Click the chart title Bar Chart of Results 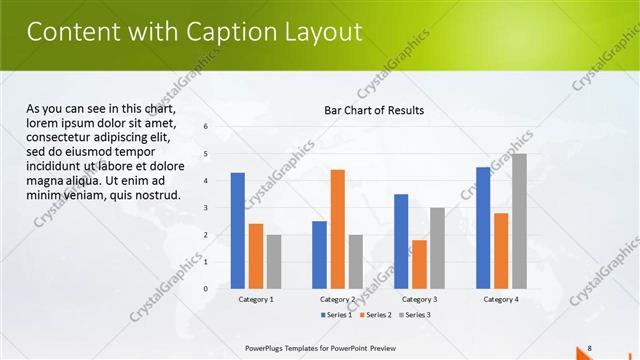point(374,110)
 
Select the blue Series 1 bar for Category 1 point(237,231)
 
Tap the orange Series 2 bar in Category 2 point(337,229)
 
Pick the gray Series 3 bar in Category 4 point(519,221)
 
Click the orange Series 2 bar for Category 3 point(419,264)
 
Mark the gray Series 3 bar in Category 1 point(274,262)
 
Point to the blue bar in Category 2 point(319,255)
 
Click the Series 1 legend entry point(336,315)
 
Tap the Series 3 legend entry point(415,315)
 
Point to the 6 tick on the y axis point(205,127)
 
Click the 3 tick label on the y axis point(205,208)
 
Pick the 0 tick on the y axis point(205,289)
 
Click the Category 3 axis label point(419,299)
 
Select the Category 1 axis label point(256,299)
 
